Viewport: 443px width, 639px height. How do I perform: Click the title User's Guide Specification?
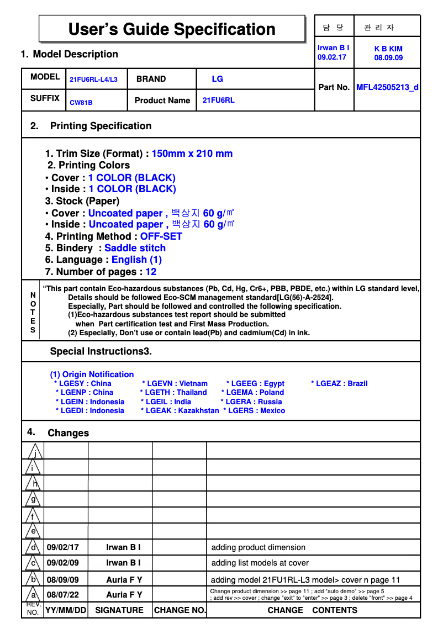172,29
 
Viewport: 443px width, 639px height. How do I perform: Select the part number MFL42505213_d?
387,87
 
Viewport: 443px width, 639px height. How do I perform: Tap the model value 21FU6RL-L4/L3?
93,80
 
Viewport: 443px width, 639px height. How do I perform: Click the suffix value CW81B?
81,103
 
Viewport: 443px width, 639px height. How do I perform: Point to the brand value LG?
217,79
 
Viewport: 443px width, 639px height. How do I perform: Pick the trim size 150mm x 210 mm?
192,154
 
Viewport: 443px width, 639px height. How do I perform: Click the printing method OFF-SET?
161,236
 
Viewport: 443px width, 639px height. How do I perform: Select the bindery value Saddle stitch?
135,248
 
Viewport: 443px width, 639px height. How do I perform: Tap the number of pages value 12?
151,272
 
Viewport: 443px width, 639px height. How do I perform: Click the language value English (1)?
136,260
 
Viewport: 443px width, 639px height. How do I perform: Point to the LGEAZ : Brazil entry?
339,383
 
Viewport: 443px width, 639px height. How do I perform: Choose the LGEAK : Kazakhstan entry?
180,410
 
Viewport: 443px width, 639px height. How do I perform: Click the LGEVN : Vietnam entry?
175,383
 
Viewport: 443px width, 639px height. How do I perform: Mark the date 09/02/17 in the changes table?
63,547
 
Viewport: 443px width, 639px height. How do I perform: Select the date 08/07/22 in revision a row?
63,595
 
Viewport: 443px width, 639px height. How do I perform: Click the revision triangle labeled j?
35,452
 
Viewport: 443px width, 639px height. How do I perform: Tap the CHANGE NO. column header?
180,610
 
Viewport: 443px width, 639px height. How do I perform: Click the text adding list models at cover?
260,563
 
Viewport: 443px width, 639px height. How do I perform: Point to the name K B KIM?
388,49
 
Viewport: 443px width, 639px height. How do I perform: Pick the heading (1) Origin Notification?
92,374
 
